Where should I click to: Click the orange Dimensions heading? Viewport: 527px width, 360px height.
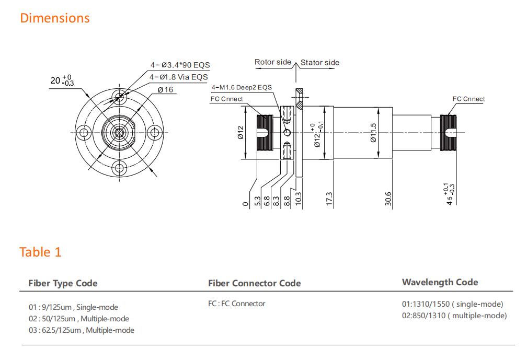55,18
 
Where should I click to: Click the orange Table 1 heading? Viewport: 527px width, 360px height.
40,252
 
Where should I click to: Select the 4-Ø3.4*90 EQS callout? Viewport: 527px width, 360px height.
180,65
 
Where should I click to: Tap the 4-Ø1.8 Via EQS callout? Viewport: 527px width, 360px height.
178,77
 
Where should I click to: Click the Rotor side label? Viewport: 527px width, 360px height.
272,62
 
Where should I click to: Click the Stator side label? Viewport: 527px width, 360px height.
319,63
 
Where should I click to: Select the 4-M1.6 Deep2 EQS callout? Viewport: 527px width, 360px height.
242,87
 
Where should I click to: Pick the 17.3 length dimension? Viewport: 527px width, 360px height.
329,199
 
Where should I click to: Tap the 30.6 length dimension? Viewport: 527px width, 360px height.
388,199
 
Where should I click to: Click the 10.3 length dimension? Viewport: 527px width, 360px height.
299,199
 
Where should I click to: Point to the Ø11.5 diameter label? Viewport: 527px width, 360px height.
373,132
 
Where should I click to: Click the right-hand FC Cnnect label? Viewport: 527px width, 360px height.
468,99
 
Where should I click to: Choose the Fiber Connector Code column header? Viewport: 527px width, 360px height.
254,283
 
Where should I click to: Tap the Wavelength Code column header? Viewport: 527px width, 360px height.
440,282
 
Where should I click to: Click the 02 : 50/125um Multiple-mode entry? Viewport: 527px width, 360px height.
79,319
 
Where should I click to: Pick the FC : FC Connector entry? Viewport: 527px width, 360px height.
236,304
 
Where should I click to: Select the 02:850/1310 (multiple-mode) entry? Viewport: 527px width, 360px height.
454,316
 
